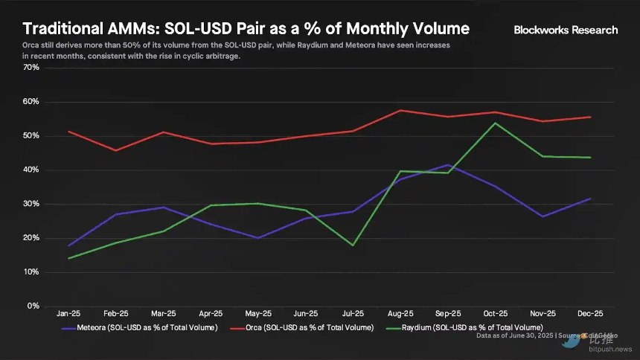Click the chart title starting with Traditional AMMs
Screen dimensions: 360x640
tap(246, 29)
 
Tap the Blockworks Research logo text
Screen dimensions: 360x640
tap(566, 30)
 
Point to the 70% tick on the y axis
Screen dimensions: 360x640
tap(31, 68)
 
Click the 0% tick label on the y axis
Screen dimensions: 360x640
tap(33, 306)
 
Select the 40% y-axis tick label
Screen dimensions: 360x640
tap(31, 170)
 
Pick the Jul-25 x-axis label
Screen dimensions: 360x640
tap(353, 315)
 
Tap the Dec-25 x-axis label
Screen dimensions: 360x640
tap(589, 315)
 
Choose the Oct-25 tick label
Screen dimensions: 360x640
tap(495, 315)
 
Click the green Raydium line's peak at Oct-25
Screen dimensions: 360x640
tap(496, 123)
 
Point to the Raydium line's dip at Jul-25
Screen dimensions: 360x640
tap(353, 245)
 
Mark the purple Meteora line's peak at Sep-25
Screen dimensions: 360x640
tap(448, 165)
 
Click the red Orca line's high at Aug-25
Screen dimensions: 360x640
tap(401, 110)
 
